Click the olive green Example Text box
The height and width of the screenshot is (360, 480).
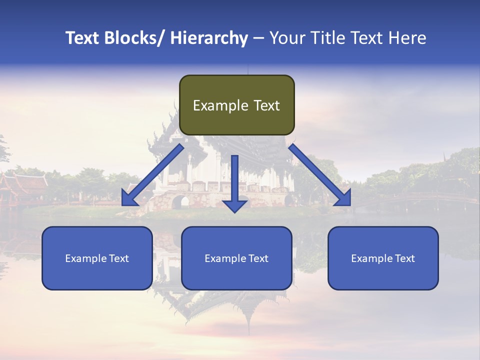pos(236,105)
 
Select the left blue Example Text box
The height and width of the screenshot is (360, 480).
pos(97,258)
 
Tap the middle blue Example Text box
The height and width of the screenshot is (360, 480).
pos(236,258)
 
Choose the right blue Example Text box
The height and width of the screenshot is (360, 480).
pos(383,258)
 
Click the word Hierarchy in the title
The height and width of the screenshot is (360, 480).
pos(209,38)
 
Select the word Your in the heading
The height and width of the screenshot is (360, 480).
pos(286,38)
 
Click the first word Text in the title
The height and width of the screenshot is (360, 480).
pos(83,38)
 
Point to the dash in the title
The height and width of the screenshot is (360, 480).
pos(258,38)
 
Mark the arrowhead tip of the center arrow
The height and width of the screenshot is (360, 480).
pos(234,212)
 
